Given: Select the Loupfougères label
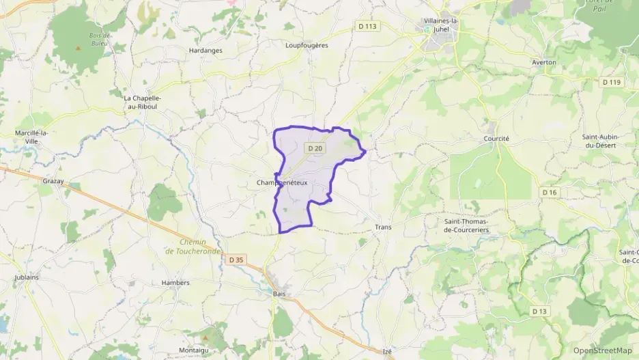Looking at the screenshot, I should coord(307,45).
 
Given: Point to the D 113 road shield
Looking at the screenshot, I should coord(367,27).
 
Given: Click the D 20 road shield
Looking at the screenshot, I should coord(315,148).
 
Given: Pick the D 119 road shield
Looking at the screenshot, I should coord(612,82).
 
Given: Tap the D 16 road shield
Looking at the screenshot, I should coord(550,193).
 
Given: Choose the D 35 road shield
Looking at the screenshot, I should coord(236,260).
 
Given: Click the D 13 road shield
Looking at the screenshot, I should coord(540,311).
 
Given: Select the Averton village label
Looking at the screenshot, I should coord(544,62).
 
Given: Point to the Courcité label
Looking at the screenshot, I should coord(496,138).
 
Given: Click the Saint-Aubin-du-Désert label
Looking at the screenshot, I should coord(600,141).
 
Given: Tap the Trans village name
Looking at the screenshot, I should coord(382,227).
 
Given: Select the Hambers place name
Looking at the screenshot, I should coord(175,282).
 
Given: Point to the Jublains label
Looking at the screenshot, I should coord(27,277).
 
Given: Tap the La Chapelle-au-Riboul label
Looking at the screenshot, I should coord(142,102).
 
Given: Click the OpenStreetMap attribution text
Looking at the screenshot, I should coord(603,350).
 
